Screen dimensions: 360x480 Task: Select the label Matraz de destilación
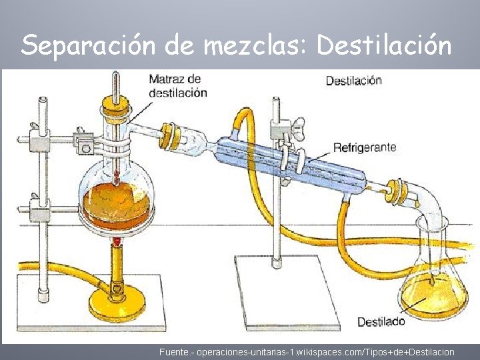[x=177, y=86]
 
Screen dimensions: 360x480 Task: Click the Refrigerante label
[x=365, y=147]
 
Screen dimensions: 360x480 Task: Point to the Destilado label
[x=381, y=322]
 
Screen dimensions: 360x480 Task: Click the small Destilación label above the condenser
[x=353, y=81]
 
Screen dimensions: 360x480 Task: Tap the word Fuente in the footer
[x=173, y=351]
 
